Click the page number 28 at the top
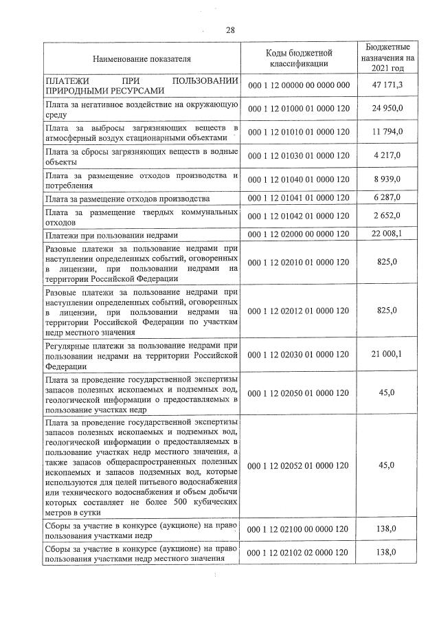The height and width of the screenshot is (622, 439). (230, 30)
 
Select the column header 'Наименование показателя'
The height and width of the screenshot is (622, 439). (142, 59)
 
